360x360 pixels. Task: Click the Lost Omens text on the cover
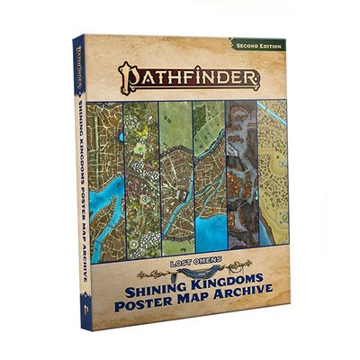tap(192, 262)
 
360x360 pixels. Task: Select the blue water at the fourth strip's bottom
tap(210, 234)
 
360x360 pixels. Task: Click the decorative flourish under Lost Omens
tap(192, 270)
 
